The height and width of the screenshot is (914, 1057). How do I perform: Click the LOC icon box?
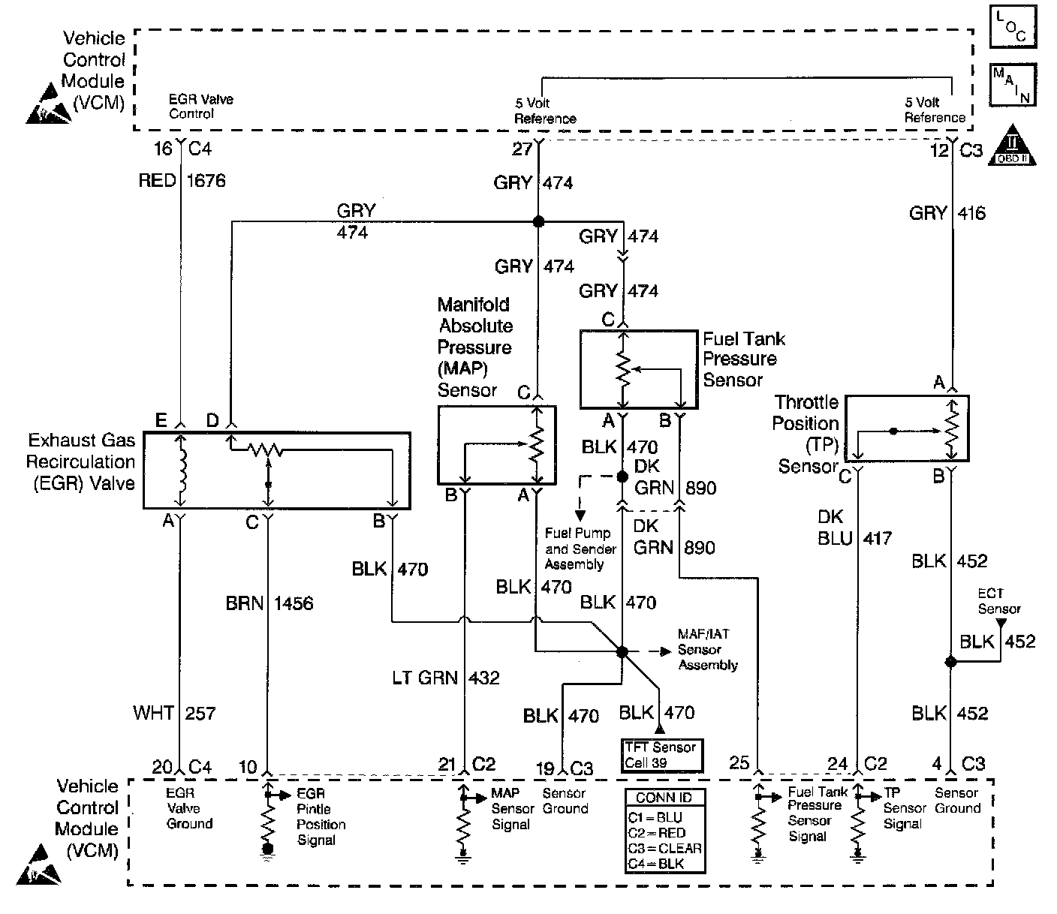pos(1013,26)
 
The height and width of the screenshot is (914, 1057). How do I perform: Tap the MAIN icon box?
pos(1013,85)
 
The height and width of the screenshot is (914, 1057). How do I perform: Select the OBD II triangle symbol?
pos(1013,145)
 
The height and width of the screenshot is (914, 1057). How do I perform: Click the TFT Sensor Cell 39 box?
pos(661,756)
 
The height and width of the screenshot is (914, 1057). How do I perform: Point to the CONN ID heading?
pos(664,798)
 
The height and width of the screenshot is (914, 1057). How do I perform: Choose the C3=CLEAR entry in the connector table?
pos(665,848)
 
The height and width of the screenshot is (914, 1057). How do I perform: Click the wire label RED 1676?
pos(182,180)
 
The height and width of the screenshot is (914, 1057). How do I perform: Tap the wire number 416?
pos(971,212)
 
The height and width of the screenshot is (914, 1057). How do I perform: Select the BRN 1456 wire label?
pos(269,603)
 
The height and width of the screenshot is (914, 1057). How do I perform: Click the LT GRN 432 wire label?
pos(445,678)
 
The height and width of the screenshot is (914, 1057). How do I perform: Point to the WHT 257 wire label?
pos(174,713)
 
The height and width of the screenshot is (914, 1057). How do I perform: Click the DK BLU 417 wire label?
pos(854,528)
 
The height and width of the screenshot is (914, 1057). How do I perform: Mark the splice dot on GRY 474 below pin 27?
pos(538,221)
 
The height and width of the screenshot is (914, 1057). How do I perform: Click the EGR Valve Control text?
pos(201,107)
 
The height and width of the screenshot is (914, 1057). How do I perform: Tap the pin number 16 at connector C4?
pos(163,149)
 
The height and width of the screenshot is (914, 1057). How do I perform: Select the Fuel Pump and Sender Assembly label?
pos(580,549)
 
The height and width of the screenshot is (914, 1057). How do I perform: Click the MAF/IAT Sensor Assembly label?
pos(708,649)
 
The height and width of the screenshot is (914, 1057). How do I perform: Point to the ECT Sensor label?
pos(998,601)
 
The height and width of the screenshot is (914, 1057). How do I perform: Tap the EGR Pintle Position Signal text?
pos(321,816)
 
